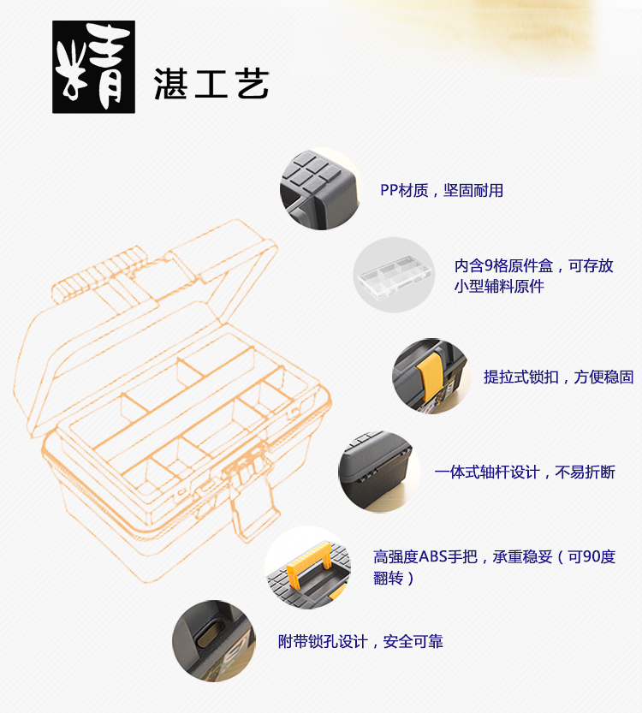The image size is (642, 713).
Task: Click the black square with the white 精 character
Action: (x=94, y=67)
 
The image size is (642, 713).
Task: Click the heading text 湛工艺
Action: (x=211, y=84)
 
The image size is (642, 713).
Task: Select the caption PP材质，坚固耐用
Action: (x=442, y=190)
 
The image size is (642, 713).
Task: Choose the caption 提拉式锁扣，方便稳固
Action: (x=558, y=377)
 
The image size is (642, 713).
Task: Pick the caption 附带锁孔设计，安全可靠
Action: (x=360, y=642)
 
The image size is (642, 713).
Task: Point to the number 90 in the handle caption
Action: (x=589, y=557)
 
